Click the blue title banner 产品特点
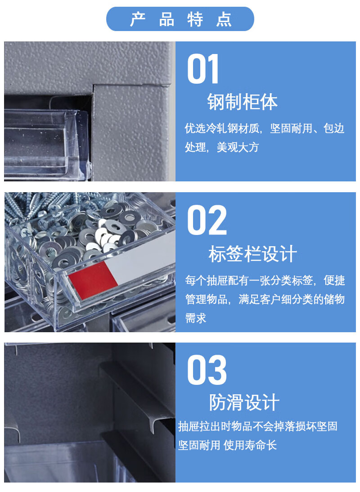click(x=180, y=19)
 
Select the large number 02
click(x=207, y=220)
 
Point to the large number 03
click(x=207, y=370)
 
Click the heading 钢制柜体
click(x=243, y=102)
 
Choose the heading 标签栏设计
click(x=252, y=254)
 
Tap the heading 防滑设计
click(x=244, y=402)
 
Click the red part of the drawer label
click(x=93, y=281)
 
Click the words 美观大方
click(x=238, y=147)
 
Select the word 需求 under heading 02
click(x=196, y=318)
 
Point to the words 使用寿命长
click(x=250, y=445)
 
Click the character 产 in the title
click(x=138, y=19)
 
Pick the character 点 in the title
click(x=224, y=19)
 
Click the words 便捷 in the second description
click(x=334, y=280)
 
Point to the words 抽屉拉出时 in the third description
click(x=205, y=426)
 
